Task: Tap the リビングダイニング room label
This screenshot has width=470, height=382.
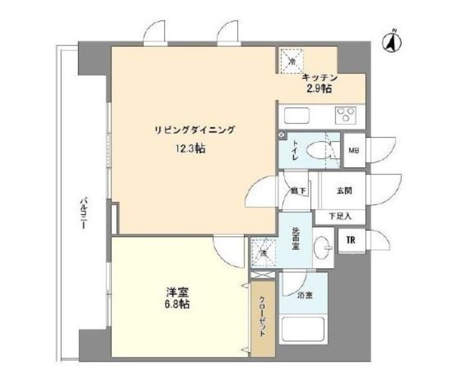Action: [194, 130]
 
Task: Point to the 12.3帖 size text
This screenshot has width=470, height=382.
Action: [190, 149]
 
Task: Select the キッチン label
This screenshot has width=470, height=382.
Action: [320, 78]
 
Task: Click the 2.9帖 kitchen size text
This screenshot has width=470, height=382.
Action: [319, 89]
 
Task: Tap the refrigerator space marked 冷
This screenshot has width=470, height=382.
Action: [292, 61]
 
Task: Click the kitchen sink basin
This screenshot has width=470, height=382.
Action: [297, 115]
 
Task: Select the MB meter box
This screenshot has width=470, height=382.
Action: [354, 150]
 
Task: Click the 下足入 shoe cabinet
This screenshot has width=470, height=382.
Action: [340, 217]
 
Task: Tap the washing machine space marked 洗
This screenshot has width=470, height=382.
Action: [263, 253]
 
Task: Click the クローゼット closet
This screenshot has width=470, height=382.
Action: [263, 318]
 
